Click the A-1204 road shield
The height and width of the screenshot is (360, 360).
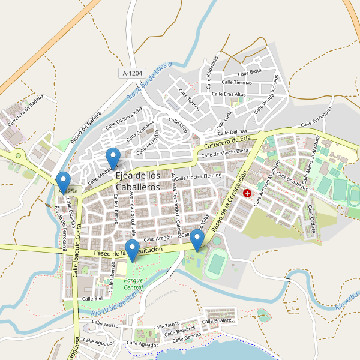(132, 73)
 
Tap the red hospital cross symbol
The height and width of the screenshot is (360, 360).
(247, 193)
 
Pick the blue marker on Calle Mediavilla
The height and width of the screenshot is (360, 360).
(113, 158)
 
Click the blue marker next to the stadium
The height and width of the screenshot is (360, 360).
(197, 241)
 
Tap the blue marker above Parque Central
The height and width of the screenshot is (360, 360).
(132, 250)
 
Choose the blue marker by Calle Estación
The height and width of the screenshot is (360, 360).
(63, 182)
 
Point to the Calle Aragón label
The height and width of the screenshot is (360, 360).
(158, 239)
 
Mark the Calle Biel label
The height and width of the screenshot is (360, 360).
(93, 298)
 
